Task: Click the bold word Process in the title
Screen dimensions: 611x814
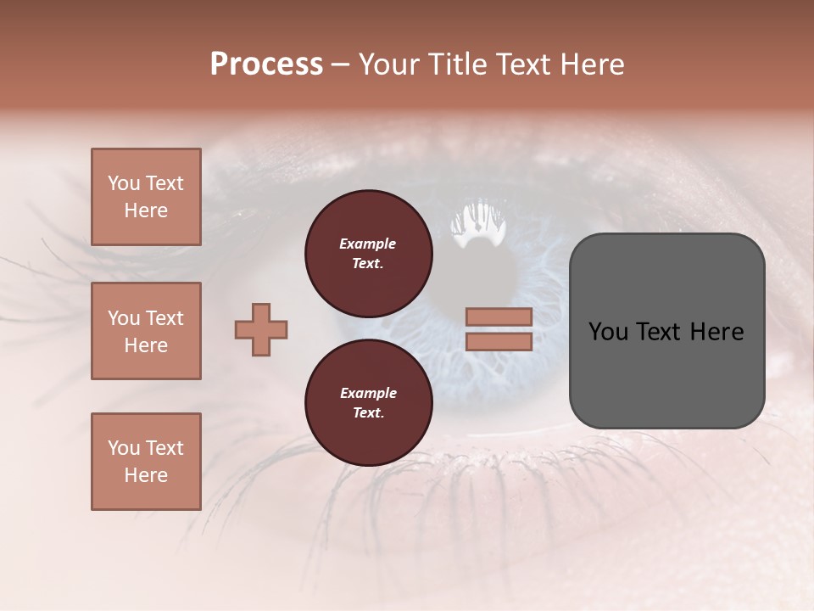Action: coord(266,64)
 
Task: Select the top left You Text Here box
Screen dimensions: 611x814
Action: coord(146,197)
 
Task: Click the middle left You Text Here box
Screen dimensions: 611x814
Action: coord(146,331)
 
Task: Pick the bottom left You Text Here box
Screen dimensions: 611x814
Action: coord(146,461)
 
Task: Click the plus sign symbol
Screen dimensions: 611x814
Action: coord(261,329)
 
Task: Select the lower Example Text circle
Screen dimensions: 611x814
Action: coord(368,403)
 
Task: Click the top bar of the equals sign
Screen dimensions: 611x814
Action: coord(499,317)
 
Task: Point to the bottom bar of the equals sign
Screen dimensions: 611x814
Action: coord(499,341)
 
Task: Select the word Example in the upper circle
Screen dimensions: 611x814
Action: coord(368,244)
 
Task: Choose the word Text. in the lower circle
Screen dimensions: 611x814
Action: coord(368,413)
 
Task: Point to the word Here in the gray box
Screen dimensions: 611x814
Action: coord(716,332)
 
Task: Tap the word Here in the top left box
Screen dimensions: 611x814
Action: coord(146,210)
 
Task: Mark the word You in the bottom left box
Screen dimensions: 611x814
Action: coord(124,448)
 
